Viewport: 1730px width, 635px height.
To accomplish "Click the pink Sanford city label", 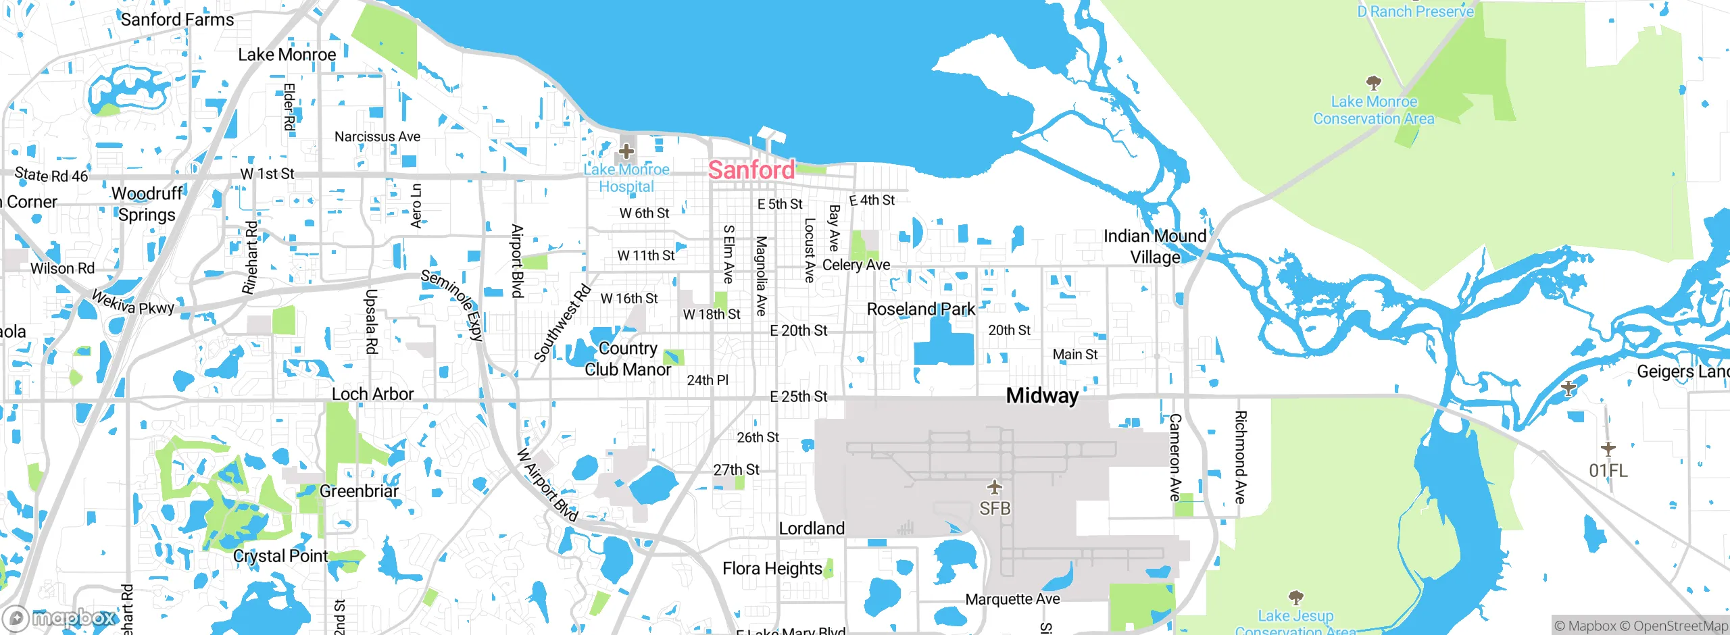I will pos(751,170).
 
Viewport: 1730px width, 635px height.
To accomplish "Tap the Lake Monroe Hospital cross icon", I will pos(626,151).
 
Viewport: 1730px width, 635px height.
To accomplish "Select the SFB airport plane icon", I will pos(994,486).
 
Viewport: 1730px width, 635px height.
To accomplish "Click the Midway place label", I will pos(1042,396).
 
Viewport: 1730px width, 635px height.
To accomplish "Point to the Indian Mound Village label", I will pos(1154,247).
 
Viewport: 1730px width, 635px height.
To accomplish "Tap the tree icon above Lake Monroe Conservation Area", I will pos(1373,83).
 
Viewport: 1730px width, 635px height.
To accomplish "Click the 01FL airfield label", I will pos(1608,471).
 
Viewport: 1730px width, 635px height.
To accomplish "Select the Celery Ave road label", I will pos(856,265).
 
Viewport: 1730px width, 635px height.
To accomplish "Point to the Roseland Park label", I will pos(920,309).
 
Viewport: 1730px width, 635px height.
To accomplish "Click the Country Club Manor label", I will pos(628,359).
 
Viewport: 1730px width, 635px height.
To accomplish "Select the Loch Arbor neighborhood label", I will pos(372,394).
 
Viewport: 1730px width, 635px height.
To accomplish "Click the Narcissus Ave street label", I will pos(377,136).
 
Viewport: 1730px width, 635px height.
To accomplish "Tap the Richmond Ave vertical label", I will pos(1240,457).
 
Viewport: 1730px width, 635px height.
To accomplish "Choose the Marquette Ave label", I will pos(1012,599).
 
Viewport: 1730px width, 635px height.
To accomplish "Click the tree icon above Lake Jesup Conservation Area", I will pos(1295,597).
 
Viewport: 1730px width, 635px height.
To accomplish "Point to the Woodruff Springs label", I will pos(147,204).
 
